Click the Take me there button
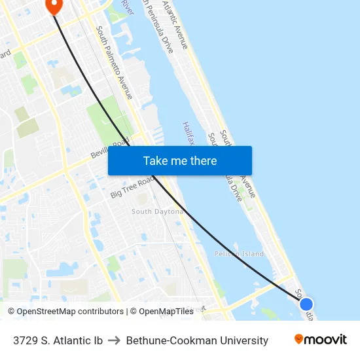coord(180,160)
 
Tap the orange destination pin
coord(53,6)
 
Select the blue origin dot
coord(306,304)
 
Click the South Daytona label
coord(156,211)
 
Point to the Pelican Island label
coord(239,253)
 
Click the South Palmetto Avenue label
coord(115,62)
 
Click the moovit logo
coord(321,340)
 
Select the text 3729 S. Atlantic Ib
coord(58,340)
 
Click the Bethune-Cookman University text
coord(197,340)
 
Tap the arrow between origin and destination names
coord(114,340)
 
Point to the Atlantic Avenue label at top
coord(175,25)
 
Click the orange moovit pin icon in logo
coord(299,339)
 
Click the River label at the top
coord(127,8)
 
